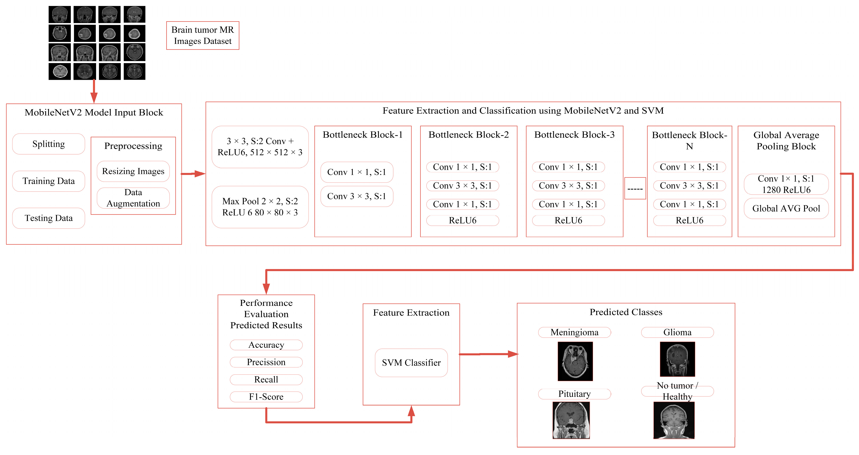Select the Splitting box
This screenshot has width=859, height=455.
pos(49,144)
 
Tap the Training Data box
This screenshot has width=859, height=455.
pos(49,181)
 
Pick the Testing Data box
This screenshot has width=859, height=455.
pos(49,218)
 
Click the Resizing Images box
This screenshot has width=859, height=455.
pos(133,171)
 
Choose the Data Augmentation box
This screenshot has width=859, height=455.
pos(133,198)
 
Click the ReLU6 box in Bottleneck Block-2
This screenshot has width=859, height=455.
pos(462,220)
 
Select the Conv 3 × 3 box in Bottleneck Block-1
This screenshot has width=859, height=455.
pos(357,196)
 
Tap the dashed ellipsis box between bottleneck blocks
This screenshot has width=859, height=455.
pos(635,189)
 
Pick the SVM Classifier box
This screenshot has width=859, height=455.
pos(411,363)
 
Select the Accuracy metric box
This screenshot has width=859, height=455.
pos(266,345)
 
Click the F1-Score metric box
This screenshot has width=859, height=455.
pos(266,397)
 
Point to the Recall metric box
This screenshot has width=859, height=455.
pos(266,379)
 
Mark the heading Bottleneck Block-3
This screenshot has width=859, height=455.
pos(574,135)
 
